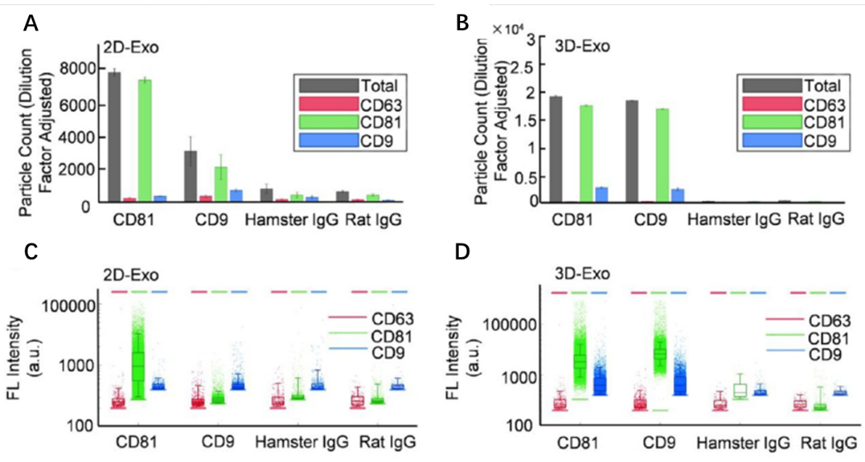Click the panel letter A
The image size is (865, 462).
click(31, 24)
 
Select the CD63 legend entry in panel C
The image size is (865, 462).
click(393, 318)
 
